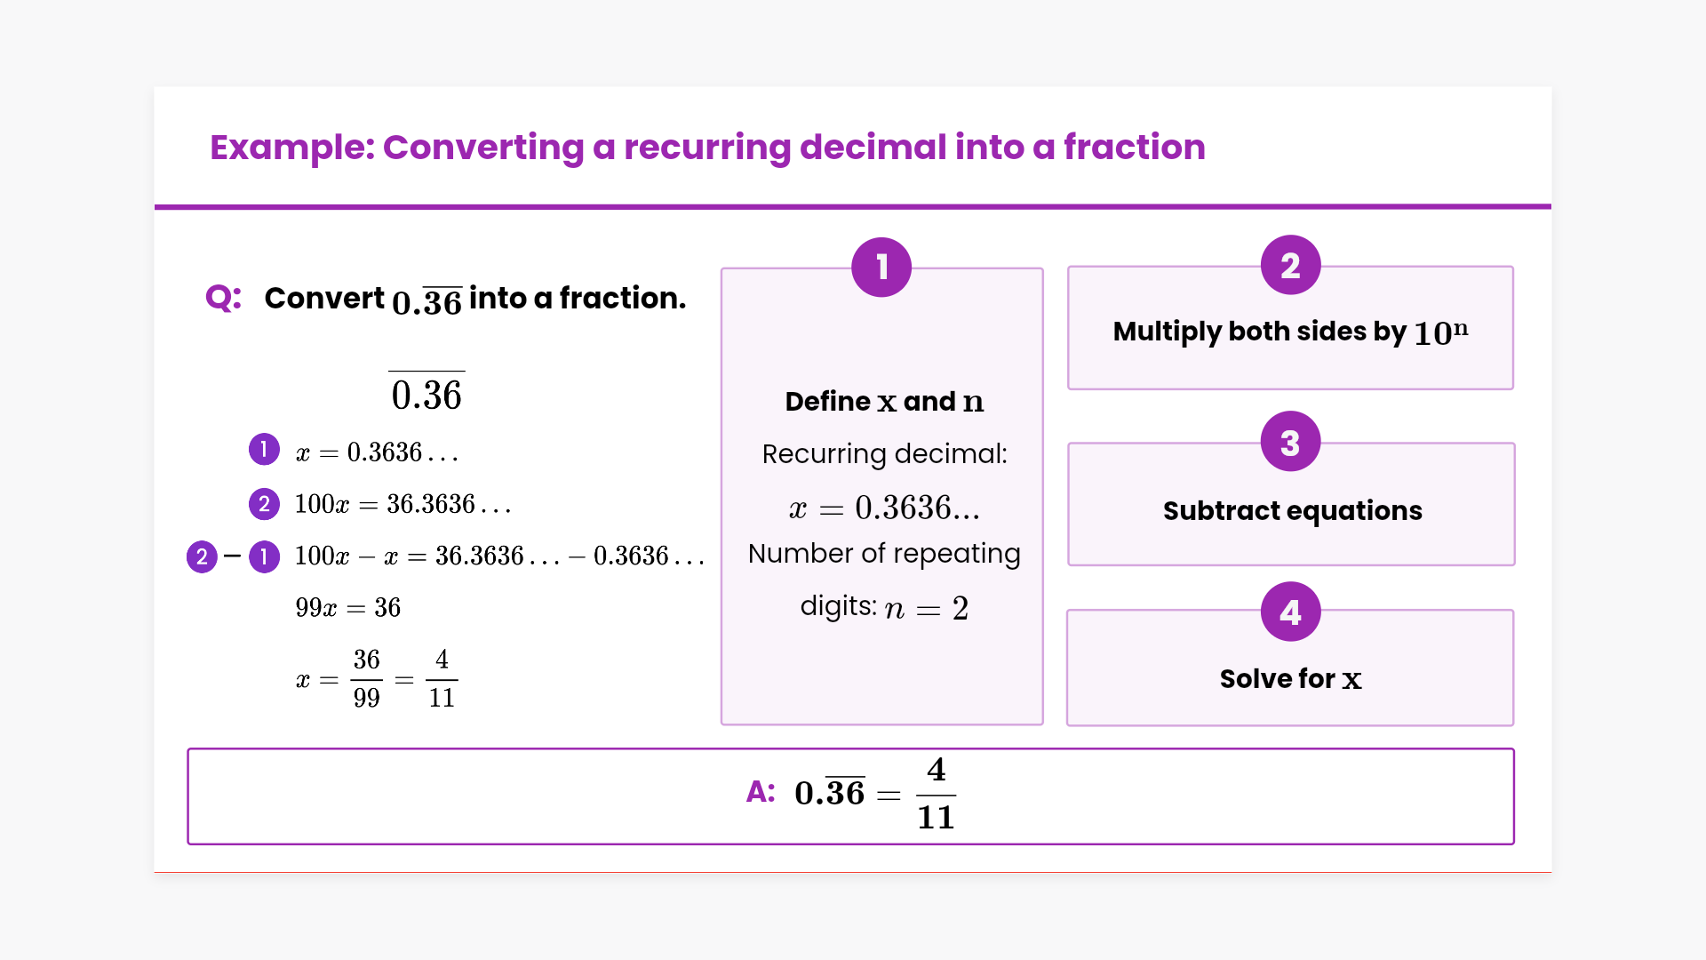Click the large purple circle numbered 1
pos(881,267)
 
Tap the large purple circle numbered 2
pos(1290,265)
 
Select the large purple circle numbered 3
pos(1290,442)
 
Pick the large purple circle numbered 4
pos(1290,612)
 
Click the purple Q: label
pos(223,298)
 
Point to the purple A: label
pos(761,791)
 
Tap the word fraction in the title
pos(1135,147)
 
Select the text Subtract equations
pos(1293,510)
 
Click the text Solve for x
pos(1290,679)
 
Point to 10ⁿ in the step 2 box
pos(1440,332)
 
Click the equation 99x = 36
pos(348,608)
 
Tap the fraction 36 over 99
pos(366,679)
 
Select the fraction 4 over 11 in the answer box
pos(936,794)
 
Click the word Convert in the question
pos(324,298)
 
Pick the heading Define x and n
pos(884,402)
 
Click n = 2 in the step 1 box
pos(927,609)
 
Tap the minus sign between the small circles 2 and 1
pos(233,556)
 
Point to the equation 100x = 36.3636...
pos(403,505)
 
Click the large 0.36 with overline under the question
pos(426,392)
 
